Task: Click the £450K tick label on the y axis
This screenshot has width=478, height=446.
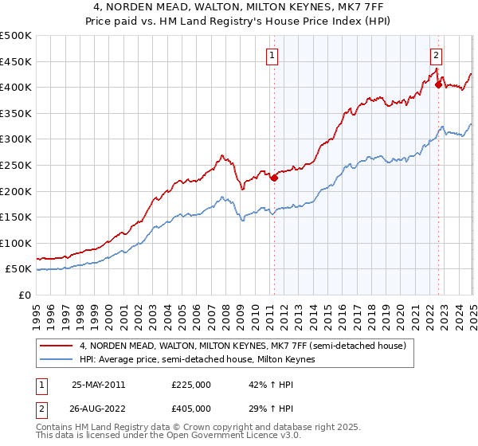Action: click(x=16, y=61)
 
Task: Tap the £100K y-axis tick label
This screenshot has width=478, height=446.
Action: click(x=16, y=243)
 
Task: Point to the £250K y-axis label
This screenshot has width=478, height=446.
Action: click(x=16, y=165)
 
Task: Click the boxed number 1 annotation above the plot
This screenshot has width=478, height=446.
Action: click(x=273, y=55)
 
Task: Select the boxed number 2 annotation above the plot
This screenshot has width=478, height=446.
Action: click(x=437, y=55)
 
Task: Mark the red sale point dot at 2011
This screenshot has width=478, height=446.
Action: click(x=274, y=178)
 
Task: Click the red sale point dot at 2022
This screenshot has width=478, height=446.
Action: click(x=438, y=84)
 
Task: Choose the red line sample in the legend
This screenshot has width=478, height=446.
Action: click(x=58, y=346)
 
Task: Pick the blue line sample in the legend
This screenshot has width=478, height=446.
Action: click(x=58, y=360)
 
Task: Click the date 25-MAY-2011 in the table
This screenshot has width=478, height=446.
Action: click(x=98, y=384)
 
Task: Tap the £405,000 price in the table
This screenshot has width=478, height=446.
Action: click(x=191, y=408)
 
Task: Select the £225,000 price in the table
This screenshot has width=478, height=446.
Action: click(x=191, y=384)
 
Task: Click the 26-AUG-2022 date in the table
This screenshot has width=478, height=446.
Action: click(x=99, y=408)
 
